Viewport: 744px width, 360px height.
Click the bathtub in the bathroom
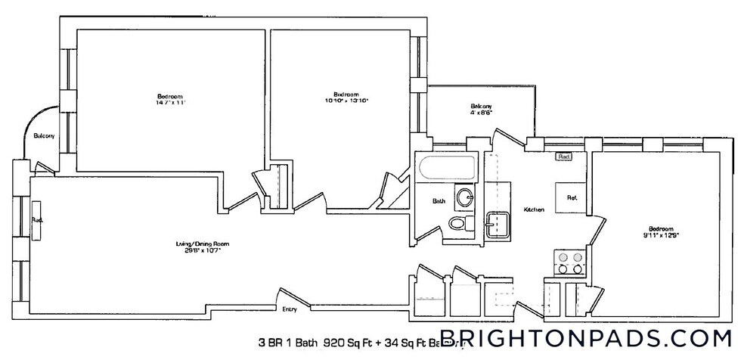[445, 168]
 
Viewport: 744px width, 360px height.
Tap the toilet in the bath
[457, 224]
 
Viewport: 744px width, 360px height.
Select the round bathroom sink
[464, 198]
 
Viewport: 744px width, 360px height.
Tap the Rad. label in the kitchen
[563, 157]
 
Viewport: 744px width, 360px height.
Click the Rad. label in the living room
[37, 220]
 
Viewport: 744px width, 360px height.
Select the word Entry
[289, 309]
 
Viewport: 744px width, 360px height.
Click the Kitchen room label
[534, 209]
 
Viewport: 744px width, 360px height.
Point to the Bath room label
[439, 201]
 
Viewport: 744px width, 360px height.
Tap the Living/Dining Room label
[200, 244]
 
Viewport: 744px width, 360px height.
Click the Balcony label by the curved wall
[43, 136]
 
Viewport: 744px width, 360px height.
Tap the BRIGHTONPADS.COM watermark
[585, 337]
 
